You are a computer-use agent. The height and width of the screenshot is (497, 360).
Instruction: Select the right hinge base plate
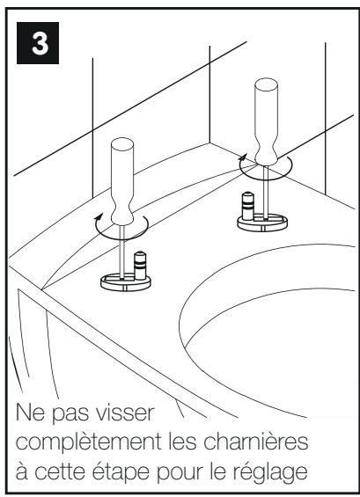[264, 223]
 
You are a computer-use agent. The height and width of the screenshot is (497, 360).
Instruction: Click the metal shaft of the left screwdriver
[119, 255]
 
